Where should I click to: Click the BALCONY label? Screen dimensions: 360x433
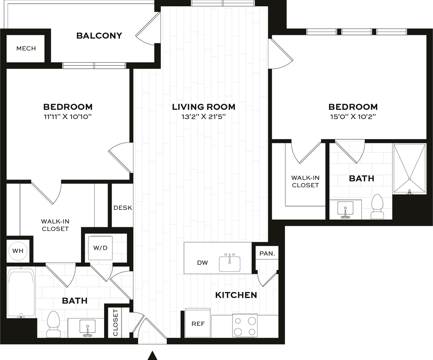coord(99,36)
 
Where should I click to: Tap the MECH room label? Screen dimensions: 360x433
coord(26,48)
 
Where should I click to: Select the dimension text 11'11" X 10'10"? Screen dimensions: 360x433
coord(68,116)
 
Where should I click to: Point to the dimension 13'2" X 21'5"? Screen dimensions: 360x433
coord(203,116)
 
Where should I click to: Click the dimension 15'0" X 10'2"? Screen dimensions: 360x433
coord(352,116)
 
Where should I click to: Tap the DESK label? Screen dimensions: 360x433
coord(122,208)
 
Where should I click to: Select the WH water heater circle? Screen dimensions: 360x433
coord(17,251)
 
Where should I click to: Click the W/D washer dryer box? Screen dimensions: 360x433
coord(100,247)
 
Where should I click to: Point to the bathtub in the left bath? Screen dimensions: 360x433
coord(20,293)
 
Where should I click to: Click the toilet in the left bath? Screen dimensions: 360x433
coord(54,325)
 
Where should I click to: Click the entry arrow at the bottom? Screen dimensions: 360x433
coord(153,354)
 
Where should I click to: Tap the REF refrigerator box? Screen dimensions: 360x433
coord(198,324)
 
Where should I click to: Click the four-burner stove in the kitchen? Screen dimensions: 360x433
coord(245,326)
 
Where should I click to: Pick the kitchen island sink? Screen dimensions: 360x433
coord(230,263)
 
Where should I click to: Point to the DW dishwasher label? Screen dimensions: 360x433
coord(203,263)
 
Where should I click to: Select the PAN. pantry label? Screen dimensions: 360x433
coord(267,253)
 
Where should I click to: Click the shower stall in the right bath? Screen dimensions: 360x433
coord(409,168)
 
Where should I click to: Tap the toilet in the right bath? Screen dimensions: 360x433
coord(377,207)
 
